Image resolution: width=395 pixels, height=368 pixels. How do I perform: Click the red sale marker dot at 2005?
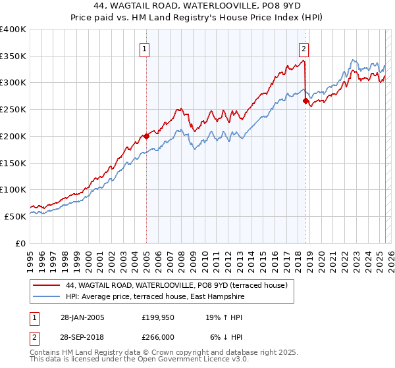pos(146,137)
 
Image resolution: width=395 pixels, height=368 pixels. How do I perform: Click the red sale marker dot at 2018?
pos(305,101)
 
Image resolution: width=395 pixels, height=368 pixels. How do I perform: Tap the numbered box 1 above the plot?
pos(144,48)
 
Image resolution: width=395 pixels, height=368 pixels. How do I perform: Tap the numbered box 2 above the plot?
pos(303,48)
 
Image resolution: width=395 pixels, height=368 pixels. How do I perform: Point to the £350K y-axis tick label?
pos(13,57)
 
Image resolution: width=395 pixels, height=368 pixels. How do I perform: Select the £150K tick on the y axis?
pos(13,163)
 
